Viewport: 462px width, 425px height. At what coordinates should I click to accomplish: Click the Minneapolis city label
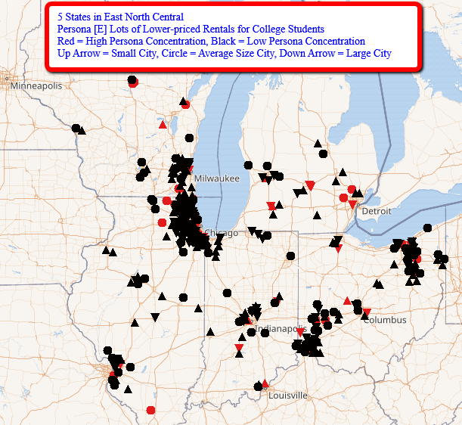point(36,86)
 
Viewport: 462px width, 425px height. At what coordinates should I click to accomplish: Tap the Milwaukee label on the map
point(216,178)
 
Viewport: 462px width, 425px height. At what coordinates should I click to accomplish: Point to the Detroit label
point(377,211)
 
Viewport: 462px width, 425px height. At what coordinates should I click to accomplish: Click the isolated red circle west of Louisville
point(150,410)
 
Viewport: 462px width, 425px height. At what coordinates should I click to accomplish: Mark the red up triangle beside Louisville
point(265,383)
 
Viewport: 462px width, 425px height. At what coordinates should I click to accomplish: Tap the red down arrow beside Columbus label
point(367,312)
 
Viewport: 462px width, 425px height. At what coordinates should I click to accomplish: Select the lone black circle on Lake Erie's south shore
point(427,228)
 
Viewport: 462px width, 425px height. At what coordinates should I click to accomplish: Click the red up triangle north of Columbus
point(347,301)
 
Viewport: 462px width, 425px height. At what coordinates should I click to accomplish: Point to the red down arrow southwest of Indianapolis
point(239,348)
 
